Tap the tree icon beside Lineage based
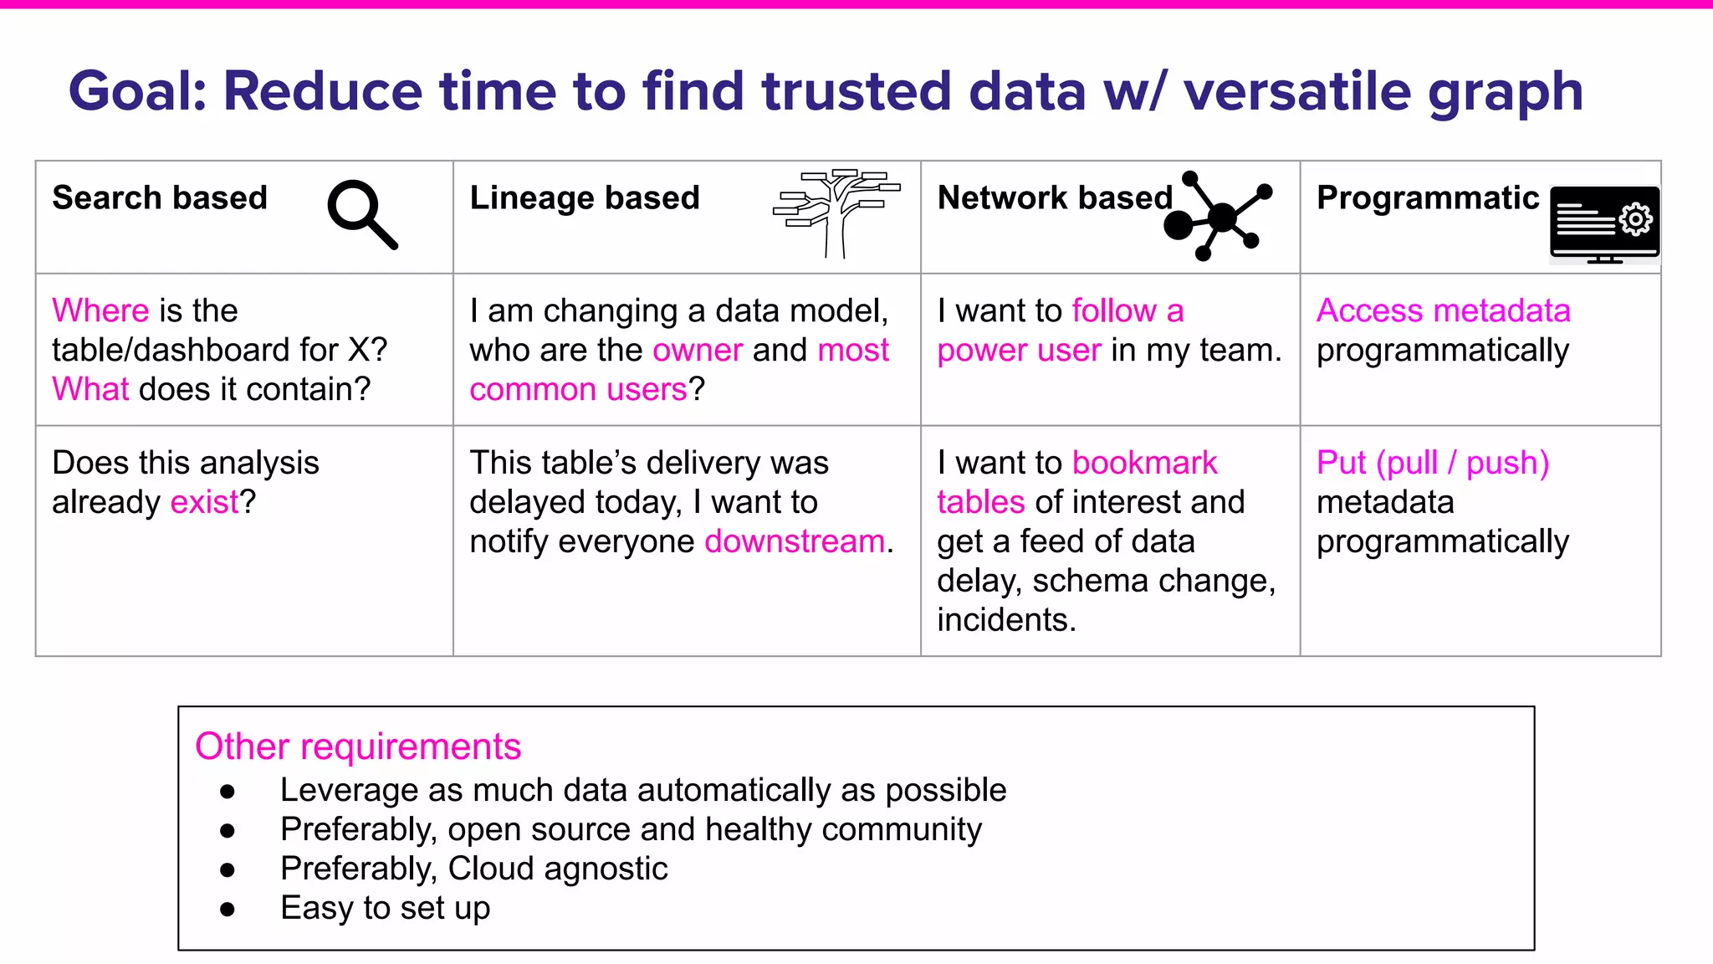pos(836,213)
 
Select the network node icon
pos(1217,216)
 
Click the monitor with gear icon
pos(1603,223)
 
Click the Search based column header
pos(160,198)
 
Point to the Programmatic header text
pos(1427,198)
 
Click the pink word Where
pos(100,310)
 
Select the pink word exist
pos(204,502)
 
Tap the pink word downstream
pos(795,541)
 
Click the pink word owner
pos(698,350)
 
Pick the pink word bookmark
pos(1144,463)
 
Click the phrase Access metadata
pos(1443,310)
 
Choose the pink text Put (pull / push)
pos(1432,463)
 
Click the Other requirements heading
pos(358,746)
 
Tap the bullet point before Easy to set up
pos(228,909)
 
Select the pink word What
pos(90,389)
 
